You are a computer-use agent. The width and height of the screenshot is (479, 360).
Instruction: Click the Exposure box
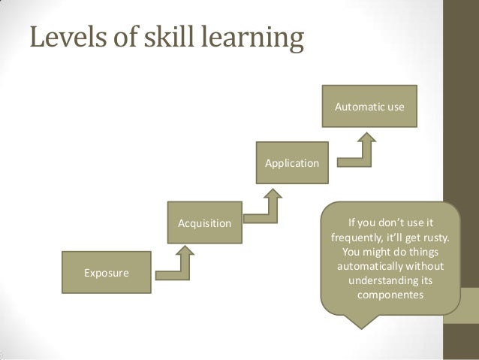click(107, 272)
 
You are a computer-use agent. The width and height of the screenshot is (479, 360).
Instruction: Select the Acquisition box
click(204, 223)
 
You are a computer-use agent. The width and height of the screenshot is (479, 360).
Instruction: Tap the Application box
click(292, 163)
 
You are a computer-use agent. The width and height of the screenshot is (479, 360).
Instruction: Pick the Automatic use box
click(369, 107)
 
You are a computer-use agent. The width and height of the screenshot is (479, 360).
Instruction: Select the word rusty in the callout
click(435, 238)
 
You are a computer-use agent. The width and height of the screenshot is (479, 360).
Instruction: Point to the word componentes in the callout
click(390, 295)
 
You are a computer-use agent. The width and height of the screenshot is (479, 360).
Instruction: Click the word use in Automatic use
click(395, 107)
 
